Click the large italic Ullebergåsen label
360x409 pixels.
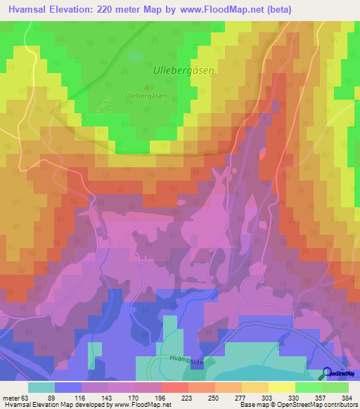tap(183, 70)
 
